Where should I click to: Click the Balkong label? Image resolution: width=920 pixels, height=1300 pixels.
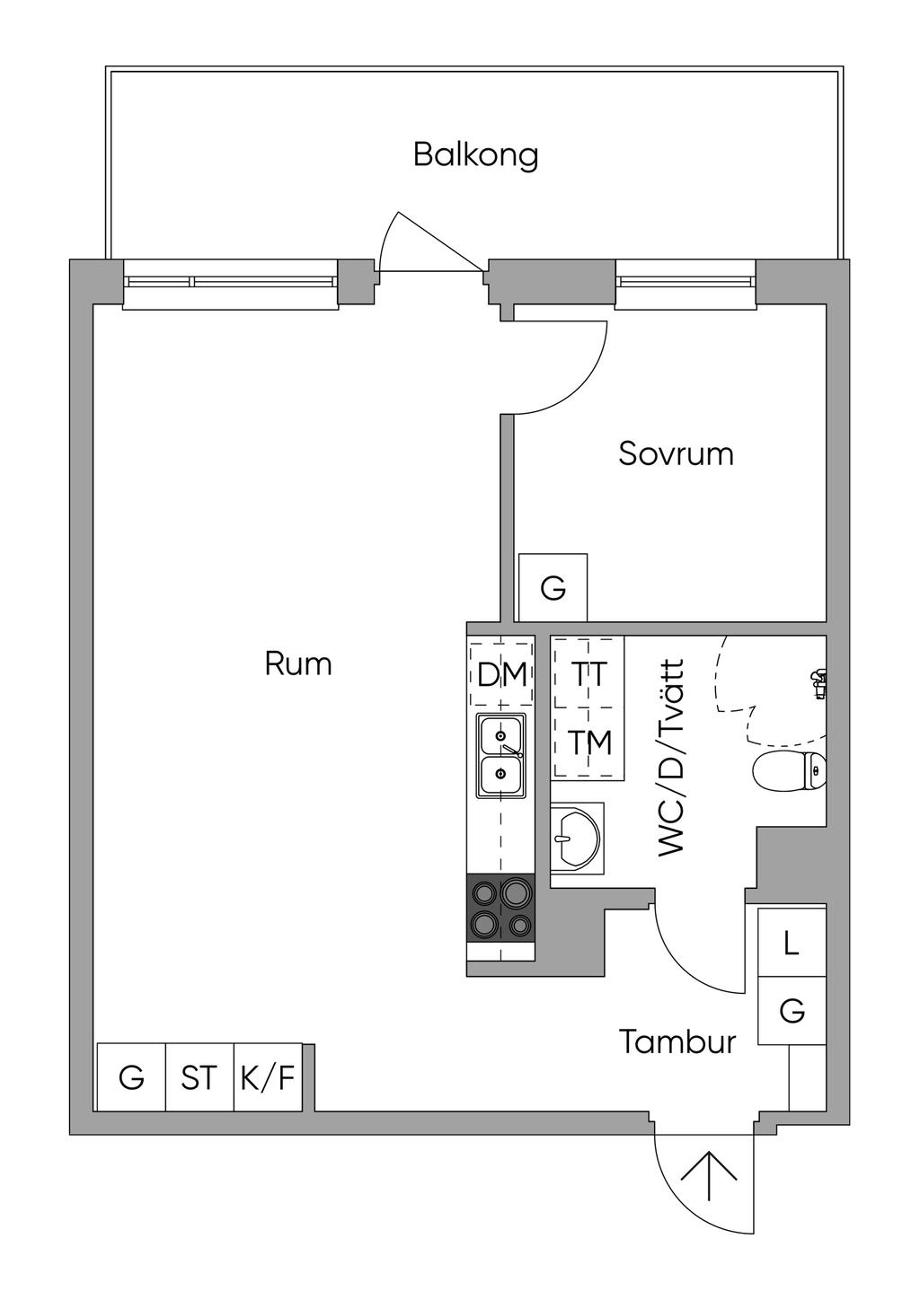point(475,154)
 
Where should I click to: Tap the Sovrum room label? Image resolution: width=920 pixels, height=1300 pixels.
point(676,453)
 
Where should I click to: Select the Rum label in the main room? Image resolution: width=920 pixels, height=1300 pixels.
point(298,664)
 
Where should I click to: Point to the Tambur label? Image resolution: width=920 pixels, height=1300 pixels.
point(677,1042)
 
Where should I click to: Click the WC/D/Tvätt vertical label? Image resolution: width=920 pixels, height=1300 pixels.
point(671,759)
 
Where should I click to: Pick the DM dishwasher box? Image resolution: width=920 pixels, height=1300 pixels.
point(501,673)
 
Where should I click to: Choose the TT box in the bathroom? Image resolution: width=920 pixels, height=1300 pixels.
point(588,673)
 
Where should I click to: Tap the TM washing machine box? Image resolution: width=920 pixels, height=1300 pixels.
point(589,743)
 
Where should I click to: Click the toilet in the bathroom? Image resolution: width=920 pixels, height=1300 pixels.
point(788,771)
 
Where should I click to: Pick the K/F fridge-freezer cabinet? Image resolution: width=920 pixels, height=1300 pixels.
point(268,1077)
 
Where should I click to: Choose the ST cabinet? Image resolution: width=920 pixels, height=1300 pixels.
point(199,1077)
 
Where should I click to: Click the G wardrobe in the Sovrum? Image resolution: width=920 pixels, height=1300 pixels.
point(553,589)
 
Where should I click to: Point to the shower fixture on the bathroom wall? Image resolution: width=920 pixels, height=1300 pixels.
point(818,683)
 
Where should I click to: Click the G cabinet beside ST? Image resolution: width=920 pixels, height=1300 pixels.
point(131,1077)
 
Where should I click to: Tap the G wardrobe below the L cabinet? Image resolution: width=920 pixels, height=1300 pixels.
point(792,1011)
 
